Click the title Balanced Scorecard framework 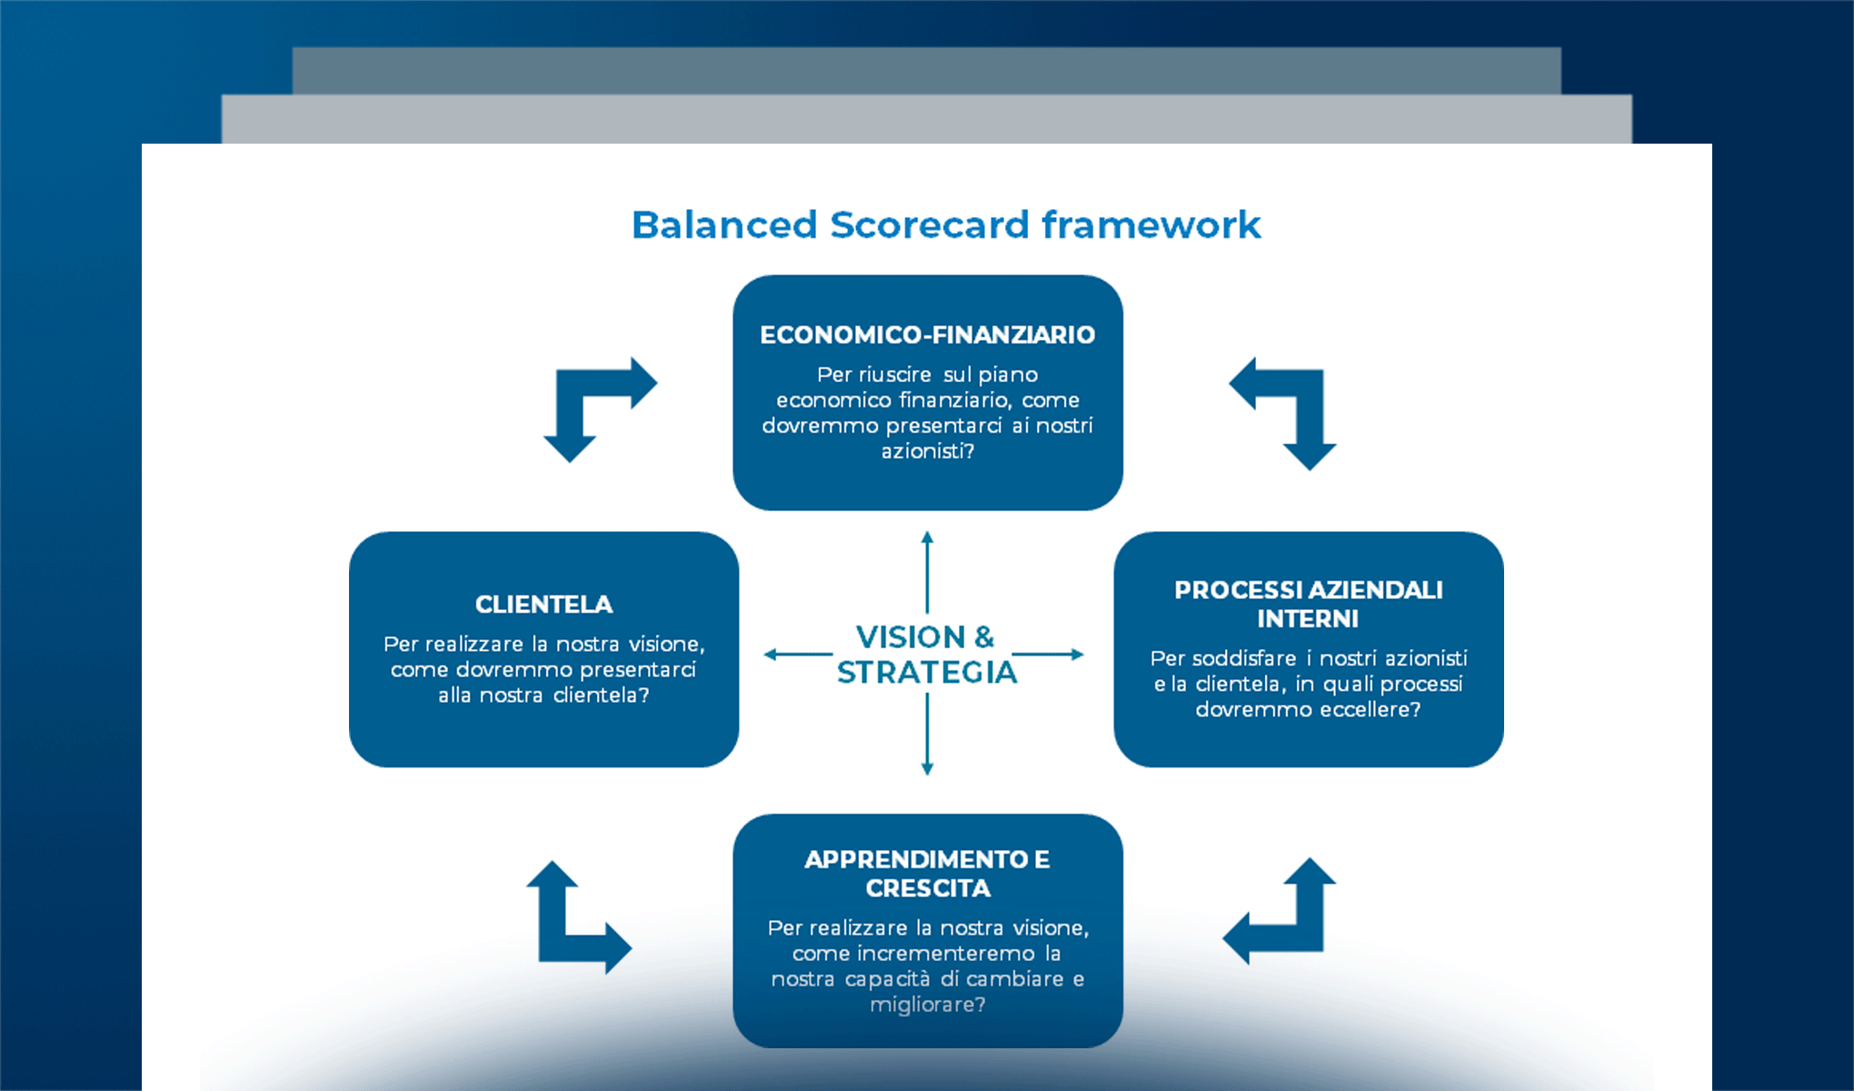pyautogui.click(x=946, y=225)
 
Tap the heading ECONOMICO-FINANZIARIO pyautogui.click(x=927, y=335)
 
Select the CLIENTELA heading pyautogui.click(x=543, y=605)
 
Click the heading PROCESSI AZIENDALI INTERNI pyautogui.click(x=1308, y=604)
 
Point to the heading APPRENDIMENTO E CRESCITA pyautogui.click(x=927, y=873)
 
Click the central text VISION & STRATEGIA pyautogui.click(x=926, y=655)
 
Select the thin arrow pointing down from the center pyautogui.click(x=927, y=735)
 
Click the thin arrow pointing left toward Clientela pyautogui.click(x=797, y=654)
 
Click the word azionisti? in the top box pyautogui.click(x=927, y=451)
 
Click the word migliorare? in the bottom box pyautogui.click(x=927, y=1005)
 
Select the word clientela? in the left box pyautogui.click(x=601, y=696)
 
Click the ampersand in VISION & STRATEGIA pyautogui.click(x=983, y=637)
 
